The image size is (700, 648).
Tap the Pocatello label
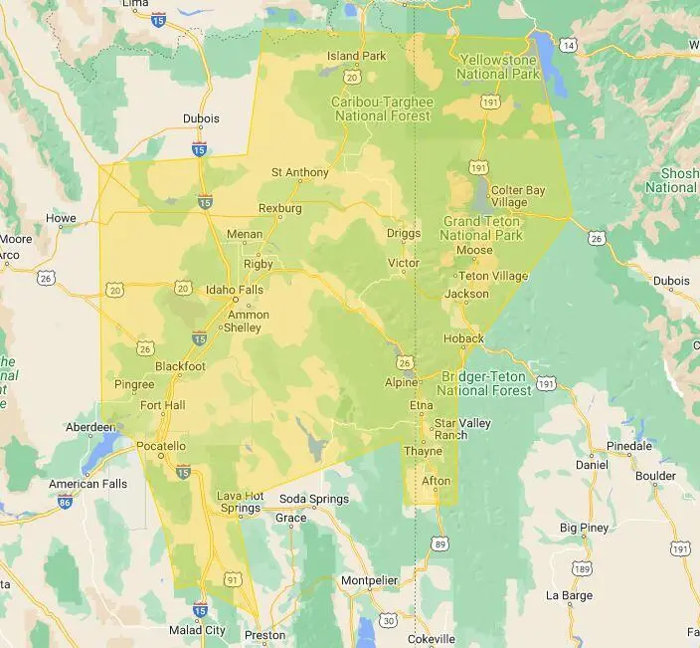tap(160, 446)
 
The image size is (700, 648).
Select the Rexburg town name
tap(279, 208)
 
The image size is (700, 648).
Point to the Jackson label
tap(466, 294)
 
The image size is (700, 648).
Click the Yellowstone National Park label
tap(497, 67)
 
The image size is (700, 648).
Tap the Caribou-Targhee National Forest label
tap(382, 108)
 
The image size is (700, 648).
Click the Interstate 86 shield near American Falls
tap(65, 504)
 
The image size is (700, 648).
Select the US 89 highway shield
tap(439, 543)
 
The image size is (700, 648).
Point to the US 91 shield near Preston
tap(233, 577)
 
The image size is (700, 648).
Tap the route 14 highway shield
tap(567, 46)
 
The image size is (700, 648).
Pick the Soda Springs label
tap(313, 499)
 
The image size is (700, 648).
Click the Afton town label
tap(436, 481)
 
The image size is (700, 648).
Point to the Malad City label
tap(197, 630)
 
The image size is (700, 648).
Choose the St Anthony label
tap(299, 172)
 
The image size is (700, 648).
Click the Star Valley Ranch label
tap(462, 429)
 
